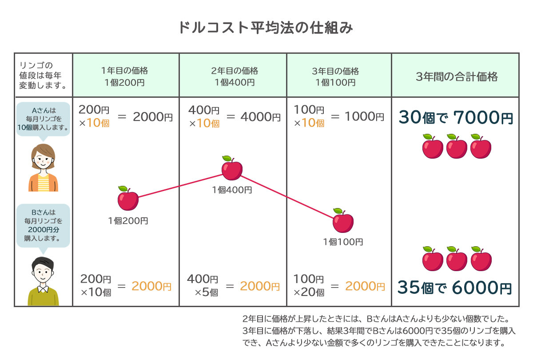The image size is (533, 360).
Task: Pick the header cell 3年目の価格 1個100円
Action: point(339,76)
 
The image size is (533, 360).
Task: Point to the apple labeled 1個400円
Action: point(232,168)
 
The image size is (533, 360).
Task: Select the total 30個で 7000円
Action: point(456,118)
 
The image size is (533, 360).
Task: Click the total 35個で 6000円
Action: point(455,288)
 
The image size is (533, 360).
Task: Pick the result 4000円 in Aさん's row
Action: point(260,117)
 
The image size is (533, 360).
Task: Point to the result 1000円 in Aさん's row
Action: point(364,117)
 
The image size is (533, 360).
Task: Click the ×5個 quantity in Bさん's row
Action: point(206,292)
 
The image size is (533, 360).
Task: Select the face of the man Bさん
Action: point(43,272)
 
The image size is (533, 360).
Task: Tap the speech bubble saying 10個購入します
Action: point(43,118)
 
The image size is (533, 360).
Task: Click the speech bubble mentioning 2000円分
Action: point(43,225)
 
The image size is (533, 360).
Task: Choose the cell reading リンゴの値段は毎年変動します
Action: point(43,75)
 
